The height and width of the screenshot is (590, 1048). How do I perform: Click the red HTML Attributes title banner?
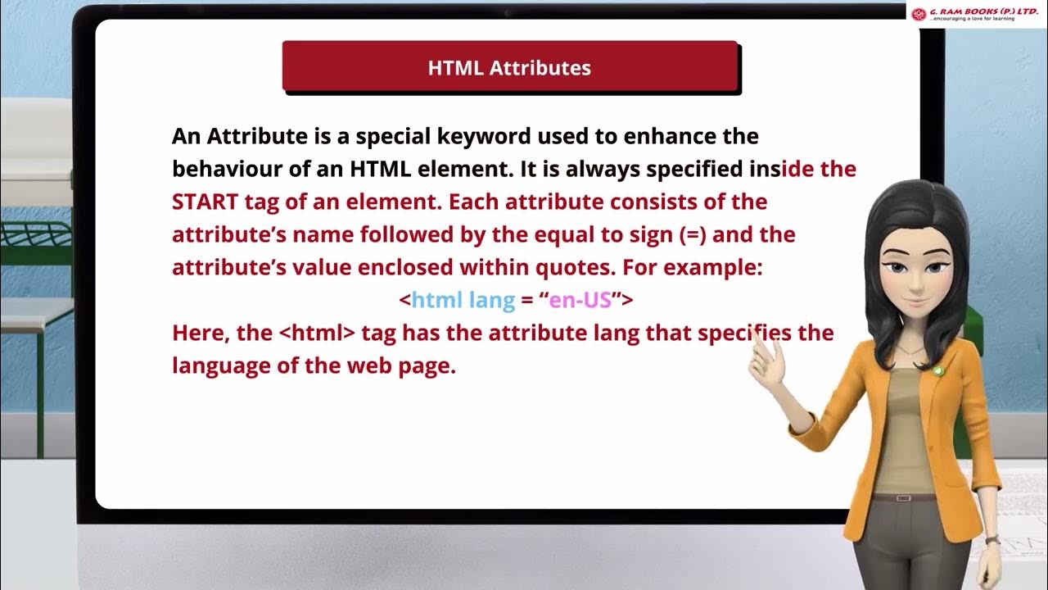click(x=509, y=66)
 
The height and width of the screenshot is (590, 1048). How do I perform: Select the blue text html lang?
click(x=463, y=301)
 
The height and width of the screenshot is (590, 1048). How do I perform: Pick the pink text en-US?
click(x=580, y=301)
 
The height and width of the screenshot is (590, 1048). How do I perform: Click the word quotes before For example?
click(x=579, y=268)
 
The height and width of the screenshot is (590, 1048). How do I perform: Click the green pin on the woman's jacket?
click(x=938, y=371)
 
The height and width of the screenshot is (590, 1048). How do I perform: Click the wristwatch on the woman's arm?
click(x=992, y=539)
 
